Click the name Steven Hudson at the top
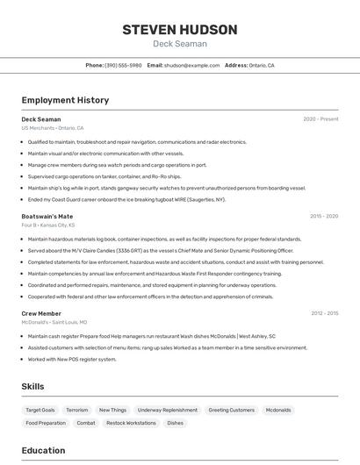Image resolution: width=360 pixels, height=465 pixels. pyautogui.click(x=180, y=29)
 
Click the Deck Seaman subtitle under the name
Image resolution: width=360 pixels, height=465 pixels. pyautogui.click(x=180, y=44)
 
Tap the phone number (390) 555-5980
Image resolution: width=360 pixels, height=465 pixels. pyautogui.click(x=123, y=65)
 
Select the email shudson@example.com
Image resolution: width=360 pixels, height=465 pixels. pyautogui.click(x=191, y=65)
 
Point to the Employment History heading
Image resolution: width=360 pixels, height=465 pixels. pyautogui.click(x=65, y=100)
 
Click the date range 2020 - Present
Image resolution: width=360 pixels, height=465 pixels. pyautogui.click(x=320, y=119)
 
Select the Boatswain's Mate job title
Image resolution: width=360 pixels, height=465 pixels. pyautogui.click(x=47, y=216)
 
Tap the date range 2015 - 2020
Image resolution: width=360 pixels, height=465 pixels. pyautogui.click(x=324, y=216)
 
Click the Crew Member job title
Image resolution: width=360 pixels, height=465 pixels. pyautogui.click(x=41, y=313)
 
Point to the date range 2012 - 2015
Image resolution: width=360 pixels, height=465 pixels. pyautogui.click(x=324, y=313)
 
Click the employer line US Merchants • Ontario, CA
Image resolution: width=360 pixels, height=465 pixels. pyautogui.click(x=53, y=128)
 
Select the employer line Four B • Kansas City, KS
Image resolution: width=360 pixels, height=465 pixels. pyautogui.click(x=48, y=225)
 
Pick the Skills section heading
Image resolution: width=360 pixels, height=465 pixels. pyautogui.click(x=33, y=386)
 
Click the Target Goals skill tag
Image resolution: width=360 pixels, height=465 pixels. pyautogui.click(x=40, y=410)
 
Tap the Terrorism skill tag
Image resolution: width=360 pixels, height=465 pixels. pyautogui.click(x=77, y=410)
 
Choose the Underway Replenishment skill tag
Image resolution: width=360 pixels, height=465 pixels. pyautogui.click(x=168, y=410)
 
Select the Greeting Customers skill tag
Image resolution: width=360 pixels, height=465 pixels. pyautogui.click(x=231, y=410)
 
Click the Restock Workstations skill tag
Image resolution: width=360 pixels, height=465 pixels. pyautogui.click(x=131, y=423)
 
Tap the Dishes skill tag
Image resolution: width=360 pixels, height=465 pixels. pyautogui.click(x=176, y=423)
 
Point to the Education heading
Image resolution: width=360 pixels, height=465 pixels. pyautogui.click(x=43, y=451)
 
